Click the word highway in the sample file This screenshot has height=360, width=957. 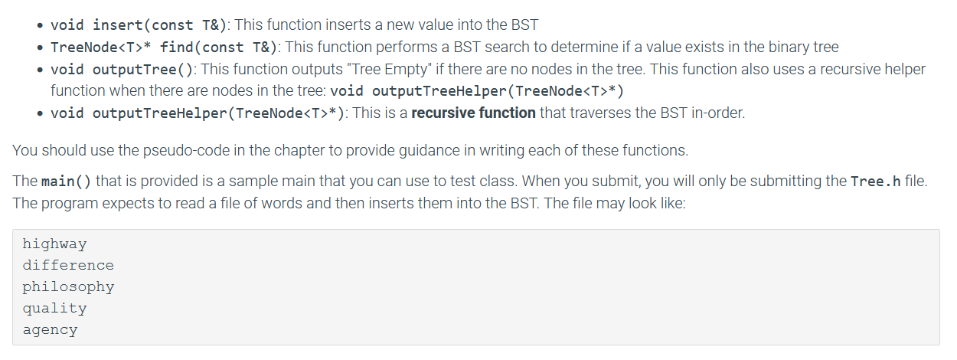coord(54,244)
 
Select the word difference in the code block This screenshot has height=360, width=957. coord(68,266)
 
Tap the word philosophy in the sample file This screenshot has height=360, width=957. coord(68,287)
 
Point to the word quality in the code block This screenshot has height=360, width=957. coord(54,309)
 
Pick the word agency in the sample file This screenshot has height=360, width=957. coord(50,330)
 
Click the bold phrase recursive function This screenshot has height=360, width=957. coord(473,113)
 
